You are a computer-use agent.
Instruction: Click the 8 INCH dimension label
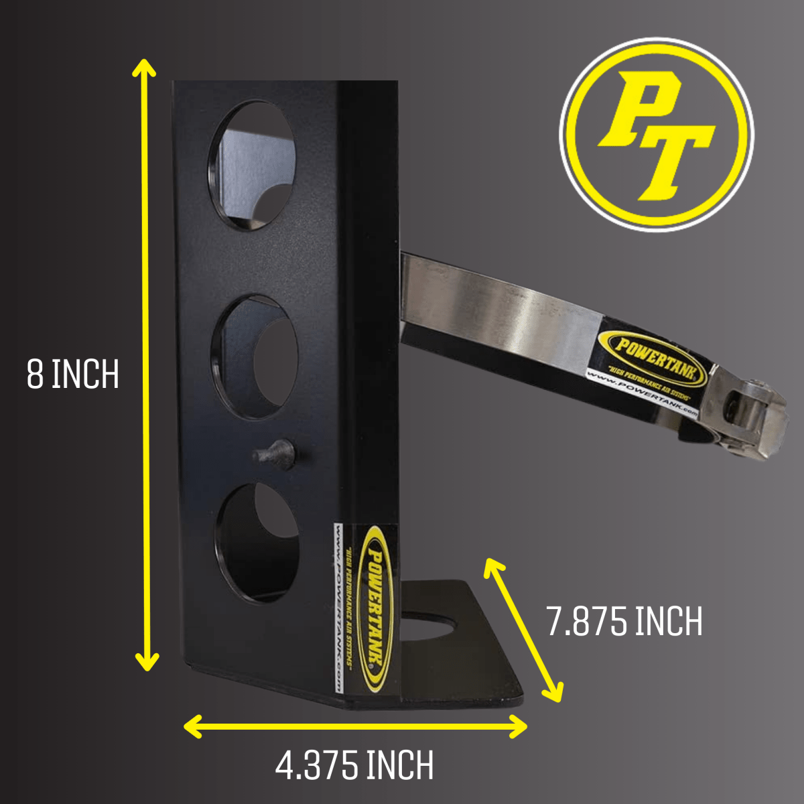tap(72, 375)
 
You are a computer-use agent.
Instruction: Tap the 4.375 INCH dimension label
tap(354, 766)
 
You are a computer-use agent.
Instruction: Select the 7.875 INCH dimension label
tap(624, 621)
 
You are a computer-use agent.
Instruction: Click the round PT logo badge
tap(657, 134)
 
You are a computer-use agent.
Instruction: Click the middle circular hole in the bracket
tap(255, 358)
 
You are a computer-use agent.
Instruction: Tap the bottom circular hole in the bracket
tap(257, 542)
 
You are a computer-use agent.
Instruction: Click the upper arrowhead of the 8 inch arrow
tap(144, 67)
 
